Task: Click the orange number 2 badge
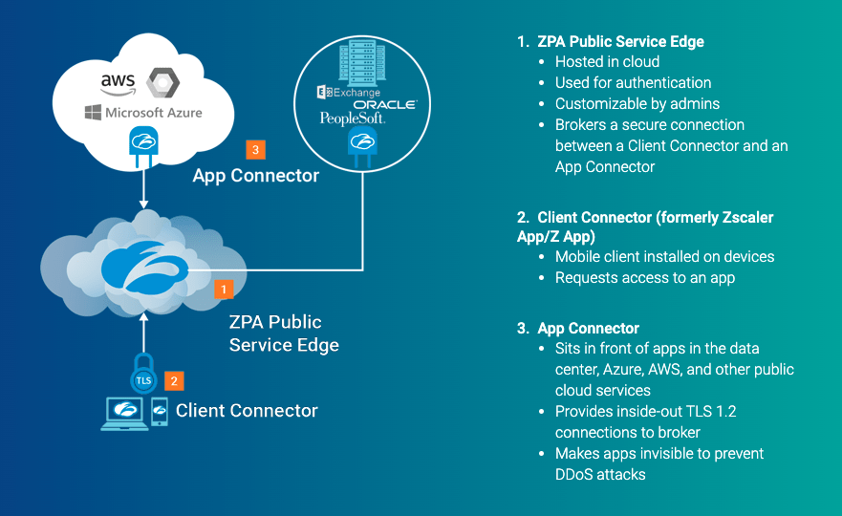[x=173, y=380]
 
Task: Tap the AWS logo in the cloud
[x=118, y=83]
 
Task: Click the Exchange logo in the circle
[x=350, y=93]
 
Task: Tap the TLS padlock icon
[x=143, y=377]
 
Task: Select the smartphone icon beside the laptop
[x=160, y=411]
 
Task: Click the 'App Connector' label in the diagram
[x=255, y=176]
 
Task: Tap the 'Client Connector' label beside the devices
[x=247, y=411]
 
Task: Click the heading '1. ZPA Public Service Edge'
[x=611, y=41]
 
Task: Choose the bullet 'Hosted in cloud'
[x=607, y=62]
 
